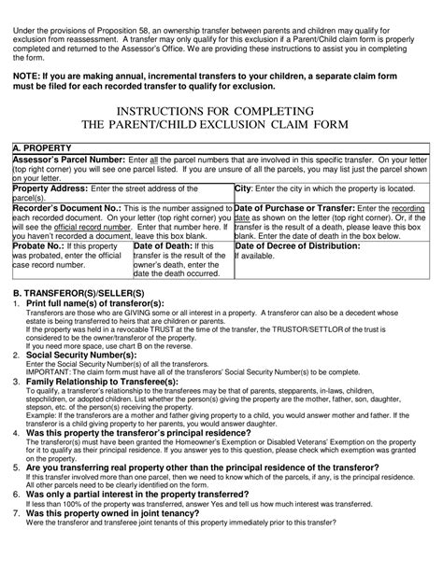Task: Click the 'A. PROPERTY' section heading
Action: pyautogui.click(x=43, y=148)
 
